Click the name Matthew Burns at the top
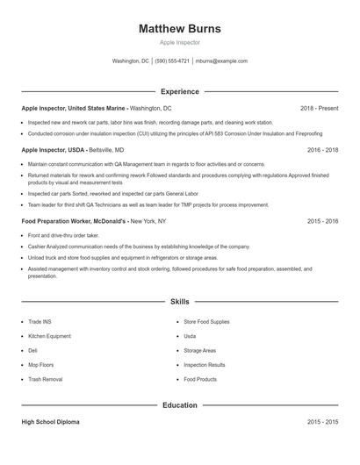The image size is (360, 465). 180,29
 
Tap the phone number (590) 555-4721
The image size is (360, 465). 172,61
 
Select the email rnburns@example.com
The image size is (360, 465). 221,61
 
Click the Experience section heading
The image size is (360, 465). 180,91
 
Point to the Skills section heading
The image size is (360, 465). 180,301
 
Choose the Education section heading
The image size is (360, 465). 180,405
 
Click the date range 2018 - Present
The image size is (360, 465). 319,108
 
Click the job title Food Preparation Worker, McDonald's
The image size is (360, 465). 75,221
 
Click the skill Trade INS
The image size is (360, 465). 40,322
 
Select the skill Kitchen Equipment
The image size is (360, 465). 49,336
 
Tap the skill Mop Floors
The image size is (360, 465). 41,365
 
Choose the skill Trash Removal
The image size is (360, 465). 46,379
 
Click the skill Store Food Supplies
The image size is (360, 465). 206,322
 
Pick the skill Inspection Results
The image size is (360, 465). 205,365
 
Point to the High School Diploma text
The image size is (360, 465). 50,422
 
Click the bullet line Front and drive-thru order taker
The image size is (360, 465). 63,235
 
